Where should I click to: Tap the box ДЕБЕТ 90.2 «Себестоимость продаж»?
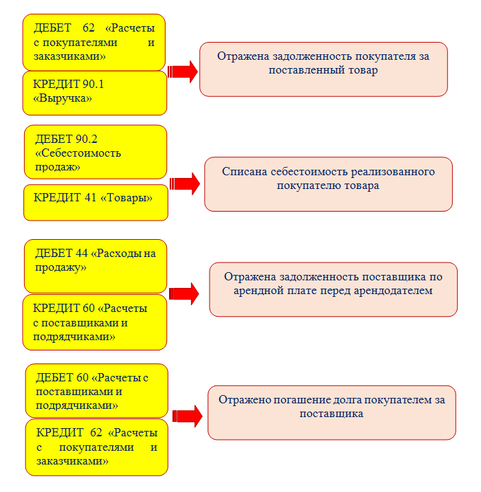coord(96,152)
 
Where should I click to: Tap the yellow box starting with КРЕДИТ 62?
coord(97,447)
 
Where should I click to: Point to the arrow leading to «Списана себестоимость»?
coord(185,183)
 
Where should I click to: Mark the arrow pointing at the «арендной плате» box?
coord(184,293)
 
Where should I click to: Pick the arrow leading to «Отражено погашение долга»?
coord(187,416)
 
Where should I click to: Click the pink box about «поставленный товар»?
coord(324,69)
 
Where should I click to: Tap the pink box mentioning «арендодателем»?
coord(333,289)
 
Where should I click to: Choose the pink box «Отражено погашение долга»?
coord(332,412)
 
